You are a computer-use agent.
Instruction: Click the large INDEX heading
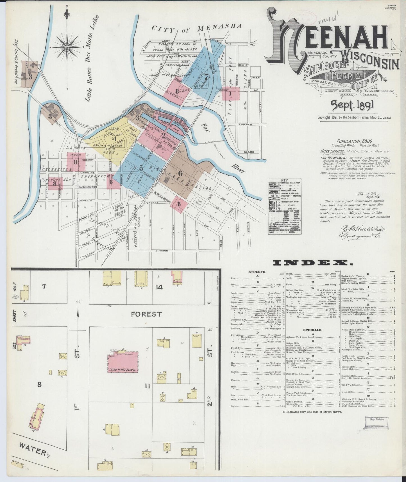[312, 263]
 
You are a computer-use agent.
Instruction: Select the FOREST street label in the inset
[146, 314]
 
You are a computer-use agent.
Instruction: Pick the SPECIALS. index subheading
[312, 330]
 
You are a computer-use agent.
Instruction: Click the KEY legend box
[284, 207]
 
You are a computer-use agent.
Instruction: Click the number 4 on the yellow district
[114, 138]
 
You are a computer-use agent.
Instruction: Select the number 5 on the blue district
[141, 168]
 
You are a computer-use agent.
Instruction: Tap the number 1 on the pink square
[230, 93]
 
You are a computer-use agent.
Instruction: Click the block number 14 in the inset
[159, 287]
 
